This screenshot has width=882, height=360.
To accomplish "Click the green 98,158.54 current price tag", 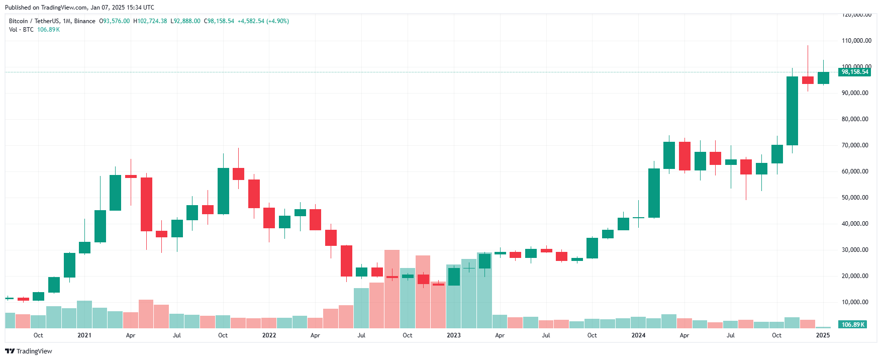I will [x=855, y=72].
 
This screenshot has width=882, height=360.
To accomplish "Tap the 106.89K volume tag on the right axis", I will [x=853, y=324].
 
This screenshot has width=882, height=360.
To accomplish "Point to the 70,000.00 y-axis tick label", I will [x=855, y=145].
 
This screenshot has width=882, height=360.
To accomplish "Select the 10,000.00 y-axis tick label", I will [x=855, y=302].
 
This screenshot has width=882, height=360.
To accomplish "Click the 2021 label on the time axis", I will [x=84, y=335].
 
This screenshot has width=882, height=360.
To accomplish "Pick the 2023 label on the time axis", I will [x=453, y=335].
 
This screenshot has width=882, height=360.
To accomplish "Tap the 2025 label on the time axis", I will [x=823, y=335].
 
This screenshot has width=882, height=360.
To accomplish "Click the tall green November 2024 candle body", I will [x=792, y=111].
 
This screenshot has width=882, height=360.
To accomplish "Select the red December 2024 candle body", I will [x=808, y=80].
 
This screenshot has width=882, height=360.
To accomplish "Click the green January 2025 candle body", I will [x=823, y=78].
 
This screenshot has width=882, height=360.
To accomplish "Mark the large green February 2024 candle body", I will [x=654, y=193].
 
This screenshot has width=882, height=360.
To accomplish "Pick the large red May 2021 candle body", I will [x=146, y=204].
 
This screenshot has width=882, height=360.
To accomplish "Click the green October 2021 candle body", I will [x=223, y=191].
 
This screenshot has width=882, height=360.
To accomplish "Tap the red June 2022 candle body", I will [x=346, y=260].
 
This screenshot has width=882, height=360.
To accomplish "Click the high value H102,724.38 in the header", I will [x=150, y=21].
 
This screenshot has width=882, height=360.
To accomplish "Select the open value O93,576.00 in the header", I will [x=114, y=21].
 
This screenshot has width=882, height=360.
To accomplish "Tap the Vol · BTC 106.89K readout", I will [x=34, y=30].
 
